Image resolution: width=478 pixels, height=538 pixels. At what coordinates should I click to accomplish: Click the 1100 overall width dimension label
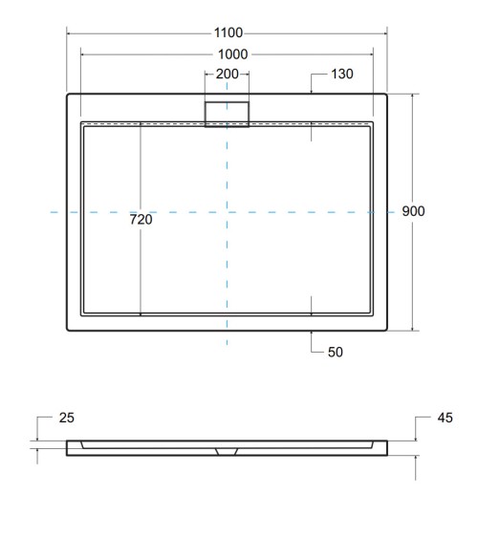click(x=228, y=33)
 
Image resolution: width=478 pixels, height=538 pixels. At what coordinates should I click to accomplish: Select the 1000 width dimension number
click(x=228, y=54)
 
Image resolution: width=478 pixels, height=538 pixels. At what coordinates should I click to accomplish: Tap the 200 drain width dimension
click(x=228, y=75)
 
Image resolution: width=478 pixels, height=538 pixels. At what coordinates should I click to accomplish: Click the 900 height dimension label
click(x=413, y=211)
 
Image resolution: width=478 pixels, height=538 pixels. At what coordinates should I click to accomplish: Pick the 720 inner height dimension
click(x=141, y=220)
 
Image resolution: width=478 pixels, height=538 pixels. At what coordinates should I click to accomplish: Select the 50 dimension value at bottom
click(x=336, y=352)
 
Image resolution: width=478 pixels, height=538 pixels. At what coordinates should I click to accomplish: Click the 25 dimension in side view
click(x=66, y=418)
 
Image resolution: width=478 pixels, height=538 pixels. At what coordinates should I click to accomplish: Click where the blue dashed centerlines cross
click(x=228, y=211)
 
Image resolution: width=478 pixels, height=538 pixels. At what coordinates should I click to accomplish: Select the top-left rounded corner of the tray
click(x=69, y=96)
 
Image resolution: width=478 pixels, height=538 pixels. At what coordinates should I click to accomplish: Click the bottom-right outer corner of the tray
click(x=387, y=330)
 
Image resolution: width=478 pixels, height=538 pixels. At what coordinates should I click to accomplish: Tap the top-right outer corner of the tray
click(x=387, y=96)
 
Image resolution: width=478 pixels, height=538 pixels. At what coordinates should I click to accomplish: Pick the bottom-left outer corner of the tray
click(x=69, y=330)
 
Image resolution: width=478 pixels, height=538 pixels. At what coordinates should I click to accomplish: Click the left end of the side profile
click(x=68, y=448)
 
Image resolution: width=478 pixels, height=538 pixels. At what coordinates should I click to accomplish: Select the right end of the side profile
click(x=388, y=448)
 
